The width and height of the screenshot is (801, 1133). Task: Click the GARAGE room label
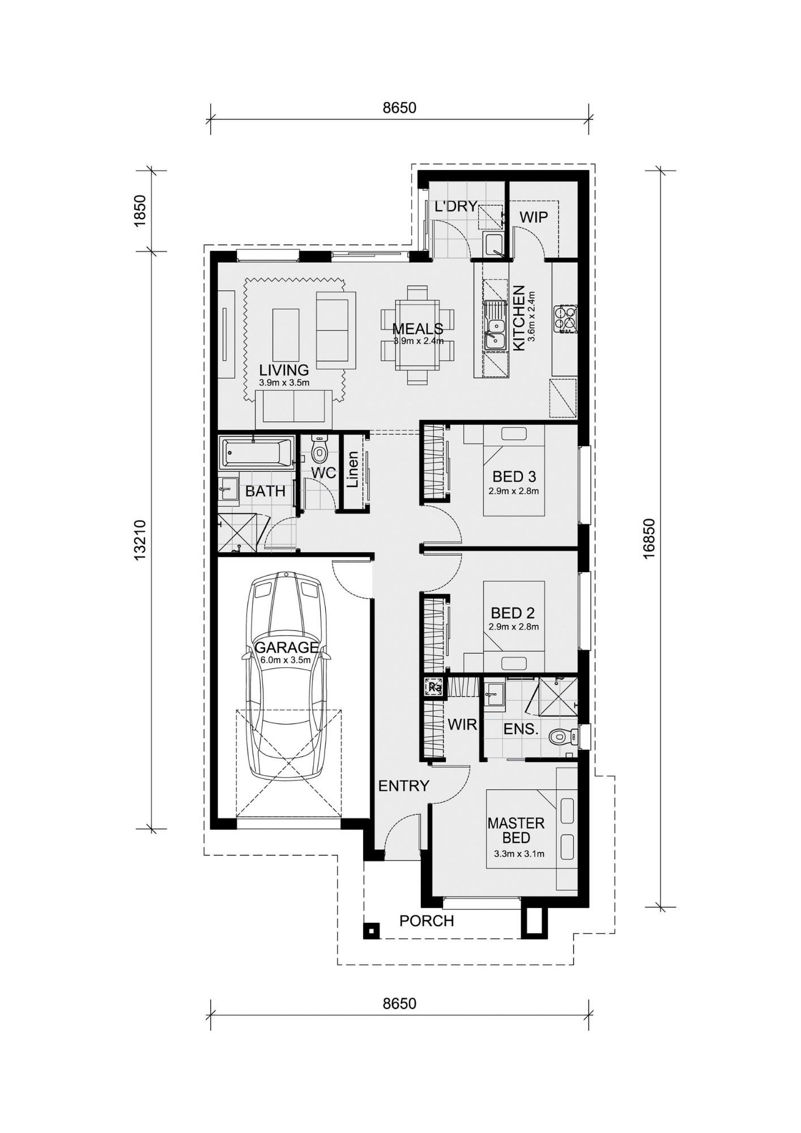287,648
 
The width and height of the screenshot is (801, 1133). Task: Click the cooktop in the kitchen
566,318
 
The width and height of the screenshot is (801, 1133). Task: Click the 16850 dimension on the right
649,538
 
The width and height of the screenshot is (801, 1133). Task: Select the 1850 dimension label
140,211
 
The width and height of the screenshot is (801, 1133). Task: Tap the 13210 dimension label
140,540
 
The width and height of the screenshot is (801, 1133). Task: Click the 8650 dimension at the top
399,108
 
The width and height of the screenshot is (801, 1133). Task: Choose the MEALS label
417,329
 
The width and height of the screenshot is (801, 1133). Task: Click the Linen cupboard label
353,470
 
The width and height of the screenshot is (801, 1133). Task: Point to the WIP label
534,217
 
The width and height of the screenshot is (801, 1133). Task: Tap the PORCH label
427,921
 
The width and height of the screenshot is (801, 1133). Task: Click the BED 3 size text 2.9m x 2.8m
514,491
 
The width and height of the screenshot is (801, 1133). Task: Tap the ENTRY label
404,786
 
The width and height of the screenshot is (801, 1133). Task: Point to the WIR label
462,724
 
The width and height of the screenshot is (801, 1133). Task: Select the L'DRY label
456,207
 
